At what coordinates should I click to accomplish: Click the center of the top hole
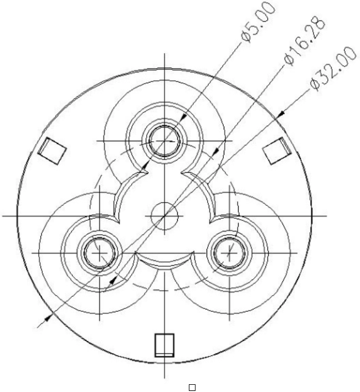coord(164,141)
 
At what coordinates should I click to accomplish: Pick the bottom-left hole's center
coord(99,252)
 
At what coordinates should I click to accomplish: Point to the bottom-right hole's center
coord(228,252)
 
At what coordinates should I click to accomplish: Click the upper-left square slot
coord(53,150)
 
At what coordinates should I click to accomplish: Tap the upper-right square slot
coord(275,151)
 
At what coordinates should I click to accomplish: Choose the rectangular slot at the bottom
coord(164,345)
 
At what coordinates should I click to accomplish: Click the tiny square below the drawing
coord(192,388)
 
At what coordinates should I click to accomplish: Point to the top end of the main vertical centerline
coord(164,54)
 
